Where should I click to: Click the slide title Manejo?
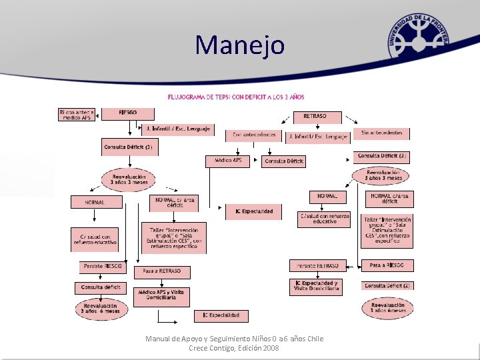click(x=240, y=45)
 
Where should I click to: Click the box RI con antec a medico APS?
click(x=77, y=114)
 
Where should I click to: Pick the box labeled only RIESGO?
click(x=128, y=114)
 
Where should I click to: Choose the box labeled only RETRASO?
click(x=315, y=116)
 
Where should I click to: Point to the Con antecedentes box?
click(x=253, y=135)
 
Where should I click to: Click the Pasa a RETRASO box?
click(x=162, y=272)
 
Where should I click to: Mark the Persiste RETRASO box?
click(x=318, y=265)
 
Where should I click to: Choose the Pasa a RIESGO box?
click(x=387, y=265)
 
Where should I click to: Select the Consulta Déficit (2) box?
click(x=387, y=285)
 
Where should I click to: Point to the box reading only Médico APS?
click(x=228, y=161)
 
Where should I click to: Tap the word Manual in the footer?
click(x=158, y=339)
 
